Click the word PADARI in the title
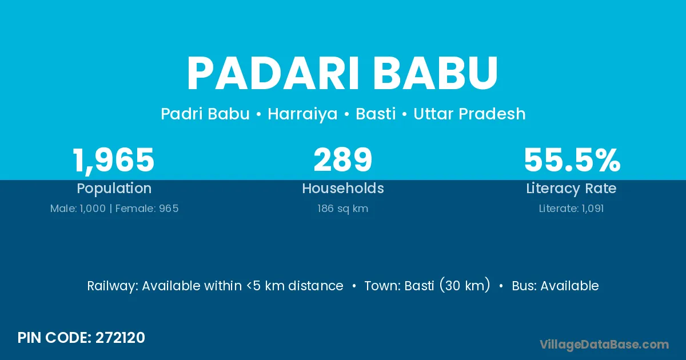(x=273, y=73)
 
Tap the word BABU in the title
(x=436, y=73)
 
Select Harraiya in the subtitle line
(x=302, y=114)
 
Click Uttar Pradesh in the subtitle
(x=469, y=114)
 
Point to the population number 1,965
(x=114, y=161)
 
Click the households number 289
(x=342, y=160)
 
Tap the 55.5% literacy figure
(x=572, y=160)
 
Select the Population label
(x=114, y=189)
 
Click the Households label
(x=343, y=188)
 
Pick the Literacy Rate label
(x=572, y=189)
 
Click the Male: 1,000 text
(x=78, y=209)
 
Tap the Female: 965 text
(x=147, y=209)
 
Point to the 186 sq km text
(x=342, y=209)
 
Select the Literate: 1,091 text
(x=572, y=209)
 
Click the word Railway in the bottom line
(x=113, y=286)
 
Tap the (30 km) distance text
(x=465, y=285)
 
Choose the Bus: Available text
(x=555, y=286)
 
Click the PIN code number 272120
(x=120, y=338)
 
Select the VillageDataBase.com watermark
(x=604, y=345)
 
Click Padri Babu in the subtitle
(x=205, y=114)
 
